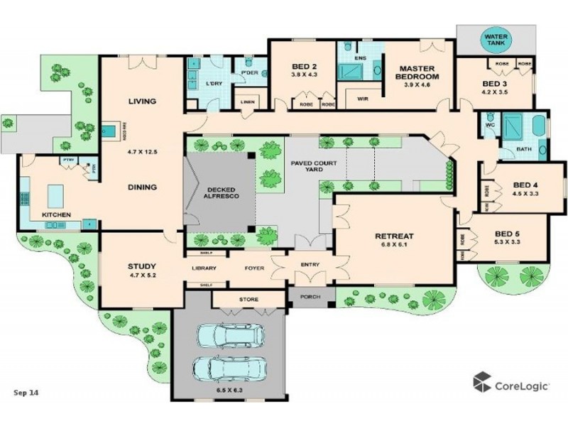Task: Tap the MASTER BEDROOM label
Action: (417, 72)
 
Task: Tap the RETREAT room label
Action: (395, 236)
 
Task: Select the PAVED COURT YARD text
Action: (307, 166)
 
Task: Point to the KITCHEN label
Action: (55, 214)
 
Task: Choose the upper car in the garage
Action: (229, 335)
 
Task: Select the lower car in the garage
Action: (229, 368)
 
